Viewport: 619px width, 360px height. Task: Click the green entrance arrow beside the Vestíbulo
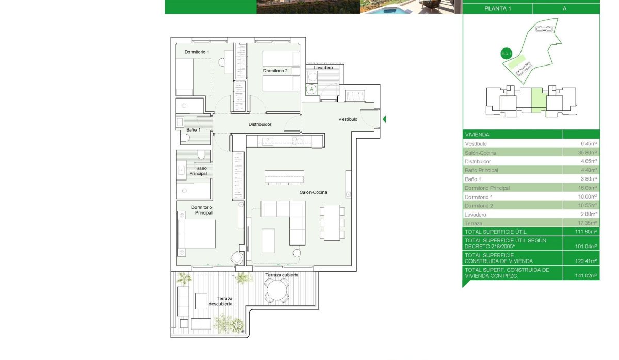pos(384,119)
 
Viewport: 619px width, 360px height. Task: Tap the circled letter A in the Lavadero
pos(311,89)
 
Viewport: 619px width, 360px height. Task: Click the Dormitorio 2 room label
pos(275,71)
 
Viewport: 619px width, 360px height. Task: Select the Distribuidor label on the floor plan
pos(260,124)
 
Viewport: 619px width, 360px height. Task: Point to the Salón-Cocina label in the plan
pos(314,193)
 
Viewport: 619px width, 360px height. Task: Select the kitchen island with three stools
pos(284,177)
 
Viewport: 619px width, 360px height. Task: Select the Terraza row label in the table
pos(474,223)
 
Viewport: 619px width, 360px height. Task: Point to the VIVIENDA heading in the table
pos(477,134)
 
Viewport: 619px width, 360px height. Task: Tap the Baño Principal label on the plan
pos(201,171)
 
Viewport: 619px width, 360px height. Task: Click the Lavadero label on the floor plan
pos(323,68)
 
